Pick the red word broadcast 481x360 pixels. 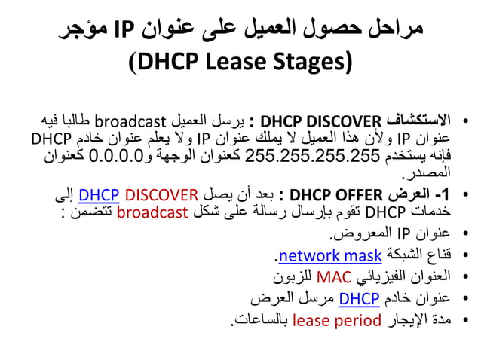pyautogui.click(x=152, y=212)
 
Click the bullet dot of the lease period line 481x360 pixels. pyautogui.click(x=465, y=321)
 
